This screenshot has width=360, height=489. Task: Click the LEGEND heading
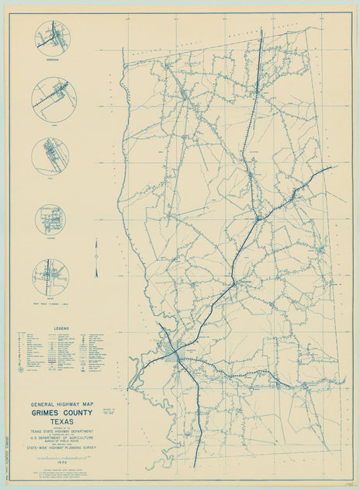[x=64, y=328]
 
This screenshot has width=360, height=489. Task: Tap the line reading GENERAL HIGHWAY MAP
[x=64, y=404]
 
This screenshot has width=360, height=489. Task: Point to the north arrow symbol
[x=96, y=258]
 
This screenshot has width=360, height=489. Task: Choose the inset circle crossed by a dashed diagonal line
[x=53, y=94]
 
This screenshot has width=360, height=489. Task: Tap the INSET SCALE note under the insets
[x=52, y=299]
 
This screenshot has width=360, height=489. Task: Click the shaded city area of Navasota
[x=172, y=354]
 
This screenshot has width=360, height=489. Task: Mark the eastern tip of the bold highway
[x=332, y=166]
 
